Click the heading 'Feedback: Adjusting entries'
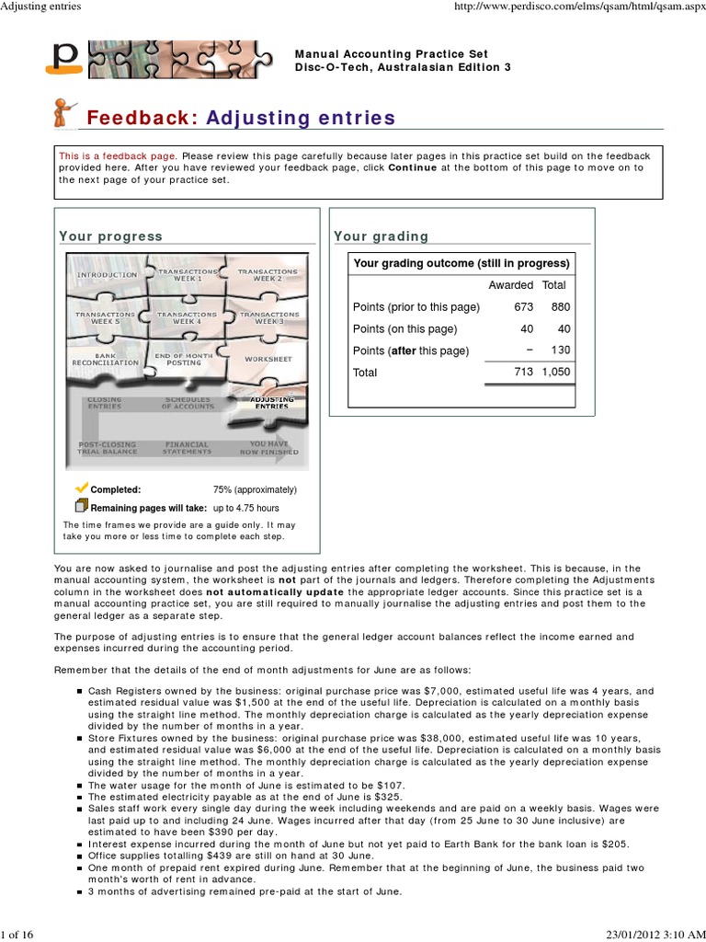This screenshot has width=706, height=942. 240,118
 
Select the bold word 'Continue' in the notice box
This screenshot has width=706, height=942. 412,168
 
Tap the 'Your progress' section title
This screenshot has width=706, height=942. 110,236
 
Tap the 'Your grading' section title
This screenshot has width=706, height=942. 381,236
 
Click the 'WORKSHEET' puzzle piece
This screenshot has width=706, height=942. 268,358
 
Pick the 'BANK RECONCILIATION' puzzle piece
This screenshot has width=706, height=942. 105,359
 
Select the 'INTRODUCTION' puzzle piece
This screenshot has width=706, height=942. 107,275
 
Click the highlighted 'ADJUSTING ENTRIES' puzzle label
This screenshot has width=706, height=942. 268,403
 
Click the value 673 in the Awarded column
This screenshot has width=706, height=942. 523,307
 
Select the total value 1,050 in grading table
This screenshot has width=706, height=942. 555,373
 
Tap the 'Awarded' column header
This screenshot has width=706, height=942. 510,285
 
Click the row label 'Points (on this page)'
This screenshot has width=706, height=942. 404,329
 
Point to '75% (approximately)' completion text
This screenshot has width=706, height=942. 255,490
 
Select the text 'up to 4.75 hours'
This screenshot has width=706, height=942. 245,508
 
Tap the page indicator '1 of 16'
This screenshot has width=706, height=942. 17,934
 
